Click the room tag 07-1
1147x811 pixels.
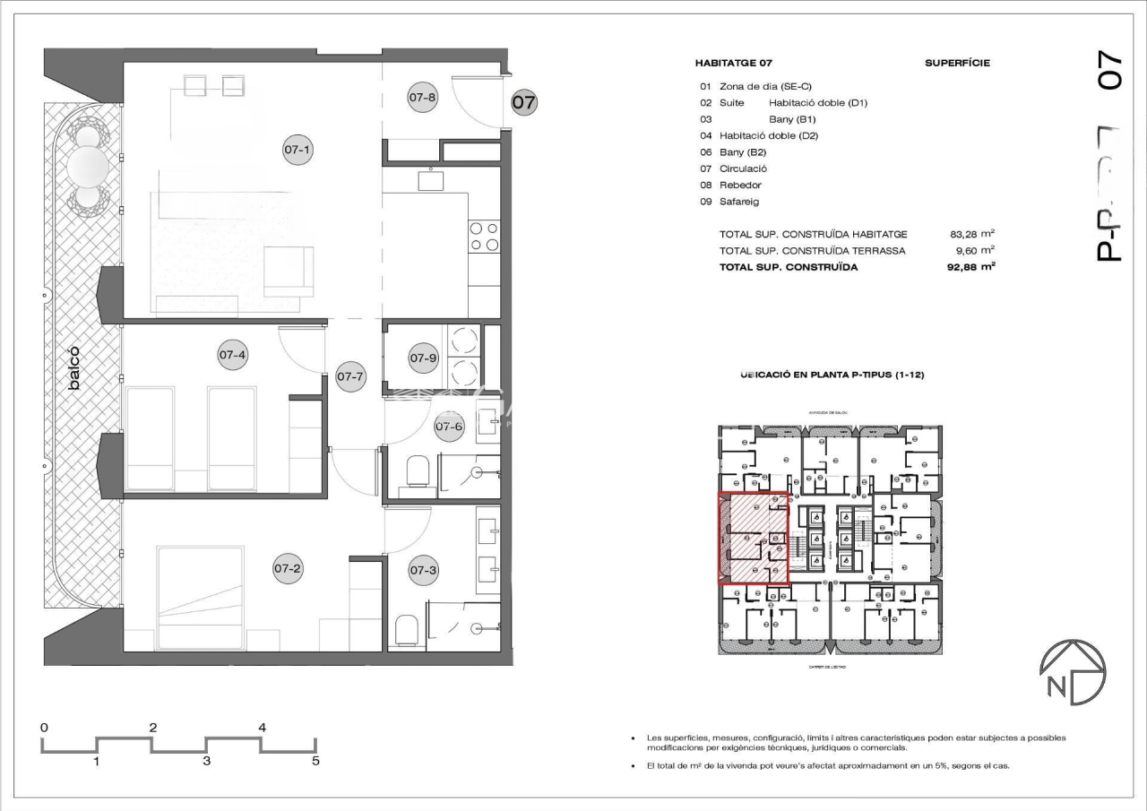point(298,151)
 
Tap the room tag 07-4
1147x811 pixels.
point(232,354)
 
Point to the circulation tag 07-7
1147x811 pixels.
point(350,376)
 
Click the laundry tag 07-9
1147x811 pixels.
point(423,358)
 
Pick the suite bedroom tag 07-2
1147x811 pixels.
point(287,567)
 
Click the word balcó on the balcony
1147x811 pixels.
point(76,367)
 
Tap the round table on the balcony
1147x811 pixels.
point(89,165)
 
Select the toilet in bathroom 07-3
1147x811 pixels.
point(406,629)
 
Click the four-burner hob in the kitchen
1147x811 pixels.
point(484,236)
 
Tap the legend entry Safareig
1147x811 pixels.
point(739,202)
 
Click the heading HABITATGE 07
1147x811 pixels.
point(733,64)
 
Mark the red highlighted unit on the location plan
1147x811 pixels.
point(754,539)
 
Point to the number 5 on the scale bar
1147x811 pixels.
point(315,762)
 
